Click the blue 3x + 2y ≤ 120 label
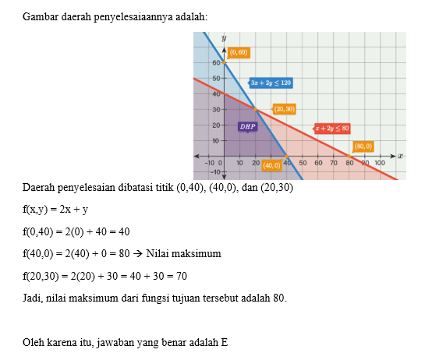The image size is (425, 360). coord(270,82)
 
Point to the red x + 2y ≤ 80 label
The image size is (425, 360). coord(331,128)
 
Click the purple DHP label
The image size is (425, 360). coord(247,126)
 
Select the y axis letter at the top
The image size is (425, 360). coord(224,37)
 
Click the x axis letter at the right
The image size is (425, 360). coord(400,156)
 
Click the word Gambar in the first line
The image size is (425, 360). coord(41,16)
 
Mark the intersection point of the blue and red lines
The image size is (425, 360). coord(255,109)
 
